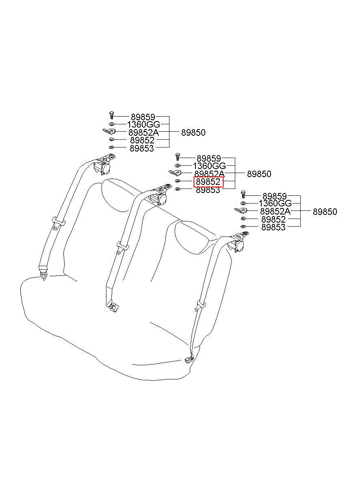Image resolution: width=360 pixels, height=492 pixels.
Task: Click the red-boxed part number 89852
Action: (x=208, y=182)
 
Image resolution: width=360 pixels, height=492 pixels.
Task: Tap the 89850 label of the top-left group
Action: (x=193, y=133)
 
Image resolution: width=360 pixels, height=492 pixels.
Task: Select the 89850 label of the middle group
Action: (x=259, y=174)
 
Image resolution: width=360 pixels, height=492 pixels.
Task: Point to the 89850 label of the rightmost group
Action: (x=325, y=212)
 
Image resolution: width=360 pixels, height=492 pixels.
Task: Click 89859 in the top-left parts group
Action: (x=143, y=117)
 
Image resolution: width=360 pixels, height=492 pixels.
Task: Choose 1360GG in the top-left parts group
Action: (x=144, y=125)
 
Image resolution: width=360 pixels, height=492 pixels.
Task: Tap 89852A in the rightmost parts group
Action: (x=275, y=212)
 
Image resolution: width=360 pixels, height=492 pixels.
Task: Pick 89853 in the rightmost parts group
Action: (x=273, y=228)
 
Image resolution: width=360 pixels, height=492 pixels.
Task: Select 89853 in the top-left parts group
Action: (x=142, y=148)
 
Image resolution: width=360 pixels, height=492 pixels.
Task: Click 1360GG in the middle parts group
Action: (x=209, y=166)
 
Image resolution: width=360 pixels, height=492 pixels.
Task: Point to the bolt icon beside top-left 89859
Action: (x=111, y=115)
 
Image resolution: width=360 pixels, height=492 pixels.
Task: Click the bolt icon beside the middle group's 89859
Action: (x=178, y=157)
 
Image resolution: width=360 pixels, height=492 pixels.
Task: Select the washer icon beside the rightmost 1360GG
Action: (x=243, y=203)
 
